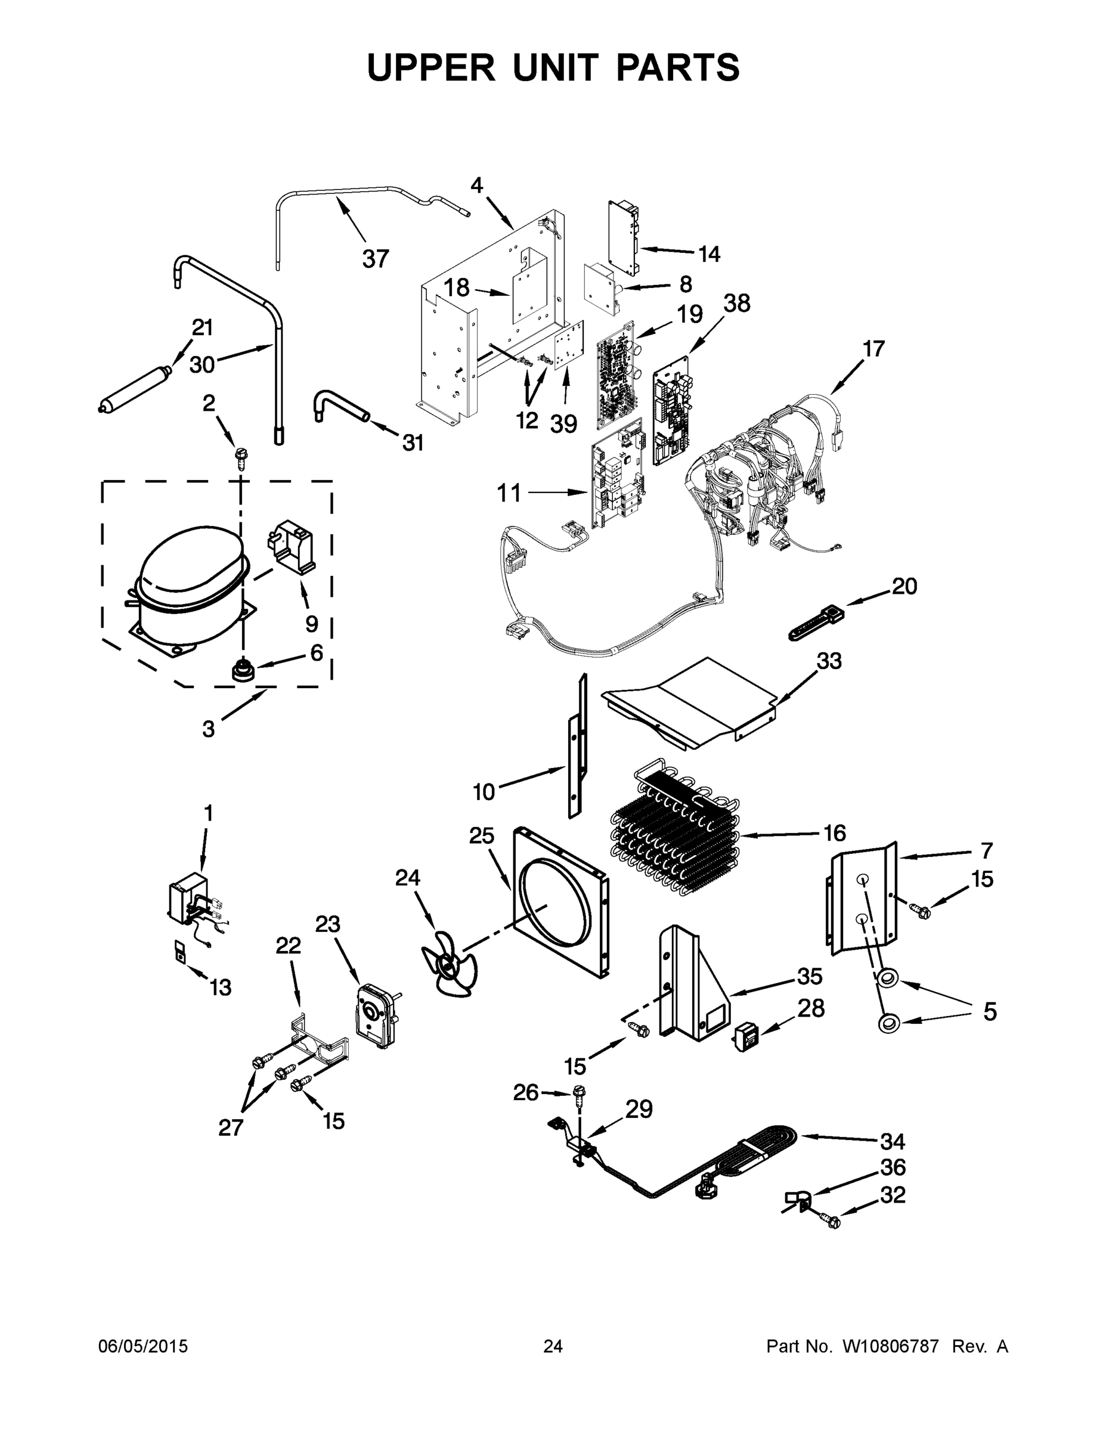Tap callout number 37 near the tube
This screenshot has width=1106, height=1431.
[x=376, y=259]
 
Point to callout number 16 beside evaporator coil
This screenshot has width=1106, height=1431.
[x=834, y=834]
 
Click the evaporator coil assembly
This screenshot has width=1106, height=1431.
[x=675, y=829]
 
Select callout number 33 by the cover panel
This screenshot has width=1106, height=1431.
[x=829, y=661]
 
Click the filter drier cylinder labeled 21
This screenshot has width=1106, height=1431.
[x=134, y=392]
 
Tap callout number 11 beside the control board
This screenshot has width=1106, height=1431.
[x=509, y=493]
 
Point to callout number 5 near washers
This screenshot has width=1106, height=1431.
[x=989, y=1012]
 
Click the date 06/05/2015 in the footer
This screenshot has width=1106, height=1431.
[x=143, y=1346]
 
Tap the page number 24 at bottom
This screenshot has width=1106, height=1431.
[x=553, y=1346]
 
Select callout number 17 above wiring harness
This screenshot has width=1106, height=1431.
[x=873, y=349]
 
